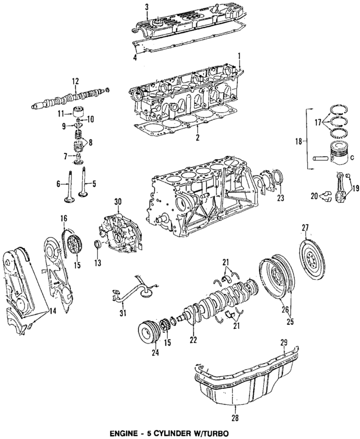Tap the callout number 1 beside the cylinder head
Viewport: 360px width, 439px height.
(x=240, y=56)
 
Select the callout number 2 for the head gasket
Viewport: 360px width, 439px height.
(x=197, y=137)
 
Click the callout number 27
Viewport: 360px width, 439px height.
(x=305, y=228)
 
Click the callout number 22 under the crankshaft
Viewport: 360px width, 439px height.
(x=193, y=340)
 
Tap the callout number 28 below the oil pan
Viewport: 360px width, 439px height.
(x=234, y=418)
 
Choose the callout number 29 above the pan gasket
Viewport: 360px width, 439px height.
(x=284, y=342)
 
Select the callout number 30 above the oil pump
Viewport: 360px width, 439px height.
(x=118, y=201)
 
